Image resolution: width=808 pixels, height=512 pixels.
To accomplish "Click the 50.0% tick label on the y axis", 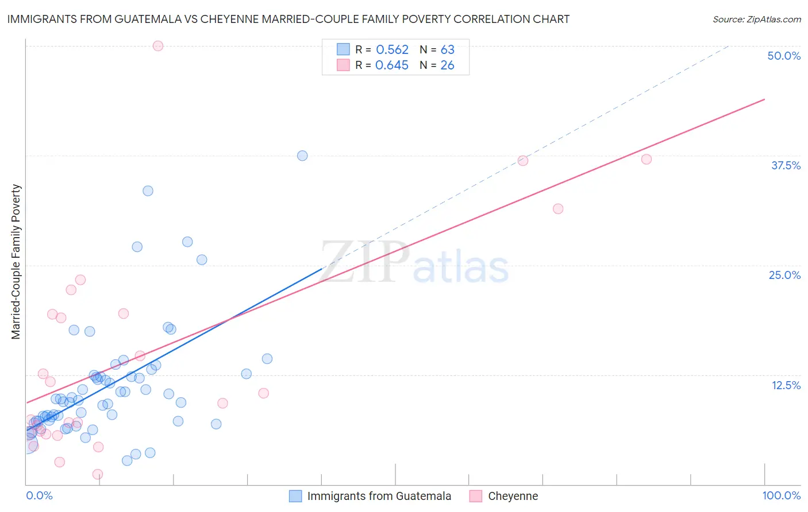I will [x=784, y=56].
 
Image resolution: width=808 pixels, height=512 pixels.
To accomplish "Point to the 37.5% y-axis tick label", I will [x=786, y=165].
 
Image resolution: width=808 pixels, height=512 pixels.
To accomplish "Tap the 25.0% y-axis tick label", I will [x=784, y=275].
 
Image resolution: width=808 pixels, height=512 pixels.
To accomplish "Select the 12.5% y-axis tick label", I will [x=786, y=385].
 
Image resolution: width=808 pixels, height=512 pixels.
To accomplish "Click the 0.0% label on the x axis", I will [x=39, y=495].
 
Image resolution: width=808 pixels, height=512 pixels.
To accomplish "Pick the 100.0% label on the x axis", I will [x=781, y=495].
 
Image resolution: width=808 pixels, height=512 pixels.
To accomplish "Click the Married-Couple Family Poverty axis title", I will [x=16, y=262].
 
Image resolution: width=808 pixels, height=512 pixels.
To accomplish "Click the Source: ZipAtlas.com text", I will [x=756, y=20].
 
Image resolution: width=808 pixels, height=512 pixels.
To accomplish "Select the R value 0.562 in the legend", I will [x=392, y=50].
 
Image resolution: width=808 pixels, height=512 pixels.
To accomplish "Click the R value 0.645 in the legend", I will [x=392, y=65].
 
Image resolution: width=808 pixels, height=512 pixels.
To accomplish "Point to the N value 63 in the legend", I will [x=447, y=50].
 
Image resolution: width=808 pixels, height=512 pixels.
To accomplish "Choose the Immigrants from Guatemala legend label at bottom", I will [x=379, y=496].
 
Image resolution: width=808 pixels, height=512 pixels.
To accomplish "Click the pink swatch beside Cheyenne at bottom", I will [x=475, y=496].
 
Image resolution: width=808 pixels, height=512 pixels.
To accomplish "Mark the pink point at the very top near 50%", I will [x=158, y=46].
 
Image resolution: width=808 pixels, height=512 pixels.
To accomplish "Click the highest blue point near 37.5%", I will [x=302, y=156].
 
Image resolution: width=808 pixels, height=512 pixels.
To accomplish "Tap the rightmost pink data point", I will [x=647, y=159].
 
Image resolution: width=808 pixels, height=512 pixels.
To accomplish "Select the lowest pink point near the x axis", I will [x=98, y=474].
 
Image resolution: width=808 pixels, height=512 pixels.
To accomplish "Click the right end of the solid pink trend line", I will [x=764, y=99].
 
